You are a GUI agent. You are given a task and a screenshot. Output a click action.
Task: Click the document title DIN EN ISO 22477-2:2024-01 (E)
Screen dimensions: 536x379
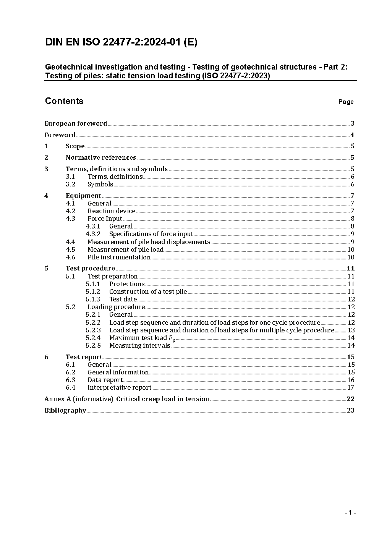(121, 42)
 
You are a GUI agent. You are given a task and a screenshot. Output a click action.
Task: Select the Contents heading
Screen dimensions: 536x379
(64, 101)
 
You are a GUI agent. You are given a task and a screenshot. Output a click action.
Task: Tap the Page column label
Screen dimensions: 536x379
(346, 102)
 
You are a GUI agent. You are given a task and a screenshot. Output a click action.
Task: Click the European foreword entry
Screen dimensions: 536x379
(76, 123)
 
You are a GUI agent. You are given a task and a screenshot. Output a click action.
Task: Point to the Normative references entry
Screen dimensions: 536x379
(100, 157)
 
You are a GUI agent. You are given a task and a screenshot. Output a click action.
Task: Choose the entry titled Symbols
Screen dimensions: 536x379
(100, 184)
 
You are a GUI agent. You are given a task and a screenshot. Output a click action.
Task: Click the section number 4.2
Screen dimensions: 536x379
(70, 211)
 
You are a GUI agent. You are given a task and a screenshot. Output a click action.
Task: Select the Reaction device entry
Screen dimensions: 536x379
(111, 211)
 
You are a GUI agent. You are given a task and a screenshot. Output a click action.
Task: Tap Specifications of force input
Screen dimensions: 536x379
(151, 234)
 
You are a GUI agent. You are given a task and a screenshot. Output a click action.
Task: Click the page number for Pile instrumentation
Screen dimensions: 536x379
(351, 257)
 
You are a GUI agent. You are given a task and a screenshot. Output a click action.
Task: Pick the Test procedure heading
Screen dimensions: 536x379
(90, 268)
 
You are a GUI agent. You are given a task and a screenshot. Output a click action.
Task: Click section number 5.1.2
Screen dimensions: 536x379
(93, 291)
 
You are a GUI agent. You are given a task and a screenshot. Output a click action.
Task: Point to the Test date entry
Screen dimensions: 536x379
(123, 299)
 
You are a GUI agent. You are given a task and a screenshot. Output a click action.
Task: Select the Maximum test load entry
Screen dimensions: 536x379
(142, 338)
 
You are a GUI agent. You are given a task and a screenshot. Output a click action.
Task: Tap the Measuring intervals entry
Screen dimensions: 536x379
(139, 345)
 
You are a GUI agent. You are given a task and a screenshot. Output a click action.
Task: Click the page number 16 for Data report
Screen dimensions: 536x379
(351, 380)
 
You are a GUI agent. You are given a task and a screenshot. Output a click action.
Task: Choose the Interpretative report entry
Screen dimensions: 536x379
(119, 387)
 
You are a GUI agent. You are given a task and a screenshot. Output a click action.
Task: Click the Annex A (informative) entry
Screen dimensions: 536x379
(126, 399)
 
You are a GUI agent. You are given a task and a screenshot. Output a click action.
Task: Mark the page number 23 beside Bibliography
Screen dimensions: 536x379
(350, 410)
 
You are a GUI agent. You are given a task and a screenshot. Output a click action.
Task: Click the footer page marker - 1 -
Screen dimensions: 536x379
(350, 512)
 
